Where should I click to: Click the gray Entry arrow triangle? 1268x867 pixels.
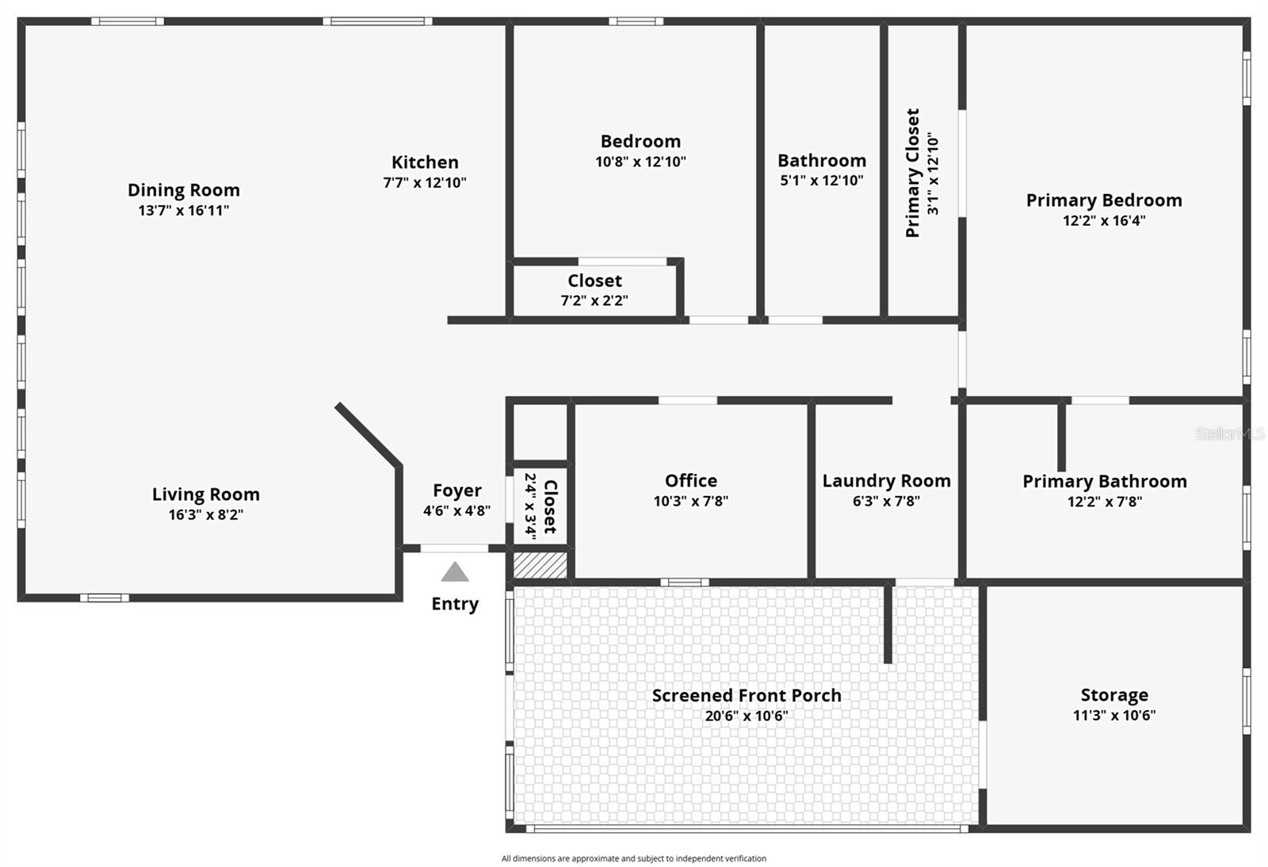(455, 571)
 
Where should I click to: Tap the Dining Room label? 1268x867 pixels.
(183, 190)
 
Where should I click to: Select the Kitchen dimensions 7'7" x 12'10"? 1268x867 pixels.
(425, 182)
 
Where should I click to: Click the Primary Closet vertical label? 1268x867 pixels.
(912, 173)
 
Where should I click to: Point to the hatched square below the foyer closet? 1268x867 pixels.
(540, 565)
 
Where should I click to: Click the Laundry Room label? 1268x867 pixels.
(887, 481)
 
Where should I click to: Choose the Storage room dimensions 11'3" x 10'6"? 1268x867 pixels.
(1114, 715)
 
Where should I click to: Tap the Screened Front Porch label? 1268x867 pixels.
(746, 695)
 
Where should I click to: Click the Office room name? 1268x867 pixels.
(690, 480)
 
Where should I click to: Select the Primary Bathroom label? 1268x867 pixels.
(1105, 482)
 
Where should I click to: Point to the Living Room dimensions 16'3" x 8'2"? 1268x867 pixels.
(205, 514)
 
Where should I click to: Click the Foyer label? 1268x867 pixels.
(456, 491)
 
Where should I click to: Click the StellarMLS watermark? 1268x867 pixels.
(1229, 433)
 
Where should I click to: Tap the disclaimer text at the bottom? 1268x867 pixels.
(633, 858)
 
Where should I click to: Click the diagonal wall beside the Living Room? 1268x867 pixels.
(369, 434)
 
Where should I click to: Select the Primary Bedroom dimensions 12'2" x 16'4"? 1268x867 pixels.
(1104, 220)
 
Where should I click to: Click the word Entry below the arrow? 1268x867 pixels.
(455, 604)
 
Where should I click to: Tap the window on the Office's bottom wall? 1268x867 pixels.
(685, 582)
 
